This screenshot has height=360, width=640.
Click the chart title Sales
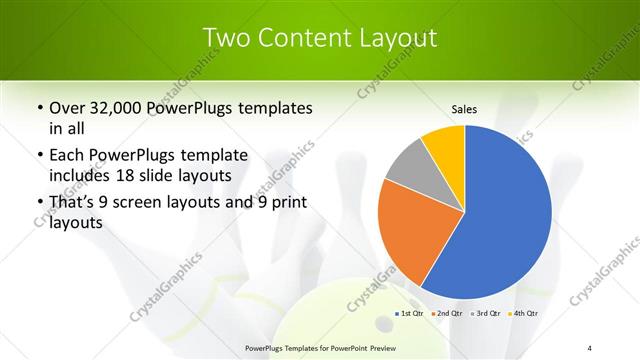click(x=464, y=109)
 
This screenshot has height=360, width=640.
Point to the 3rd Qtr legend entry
click(x=487, y=314)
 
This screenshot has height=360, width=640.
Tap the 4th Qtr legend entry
click(x=525, y=314)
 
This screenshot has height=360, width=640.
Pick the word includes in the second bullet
click(x=80, y=175)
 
